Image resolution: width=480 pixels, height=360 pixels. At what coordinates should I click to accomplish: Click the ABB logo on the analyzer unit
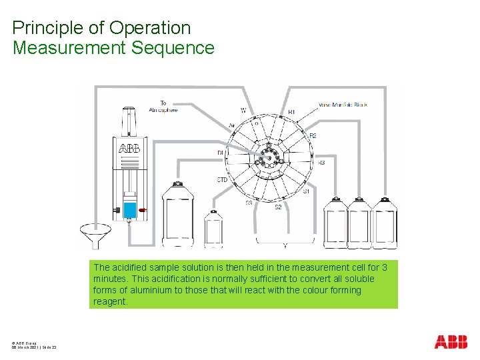click(129, 148)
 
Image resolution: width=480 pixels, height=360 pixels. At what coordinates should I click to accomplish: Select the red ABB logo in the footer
click(451, 342)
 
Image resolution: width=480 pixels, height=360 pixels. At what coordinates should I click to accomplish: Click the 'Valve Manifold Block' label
click(343, 105)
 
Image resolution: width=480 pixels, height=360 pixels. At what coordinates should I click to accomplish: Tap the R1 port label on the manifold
click(291, 112)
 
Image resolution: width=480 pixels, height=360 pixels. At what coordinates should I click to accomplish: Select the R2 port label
click(313, 136)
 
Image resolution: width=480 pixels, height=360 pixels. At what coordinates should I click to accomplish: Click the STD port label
click(223, 180)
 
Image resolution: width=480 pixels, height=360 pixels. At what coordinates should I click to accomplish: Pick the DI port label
click(220, 153)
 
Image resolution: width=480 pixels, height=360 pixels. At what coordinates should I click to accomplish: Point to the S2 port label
click(278, 207)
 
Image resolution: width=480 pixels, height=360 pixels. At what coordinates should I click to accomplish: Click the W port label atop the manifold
click(243, 110)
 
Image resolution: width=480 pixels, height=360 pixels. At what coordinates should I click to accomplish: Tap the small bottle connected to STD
click(213, 229)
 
